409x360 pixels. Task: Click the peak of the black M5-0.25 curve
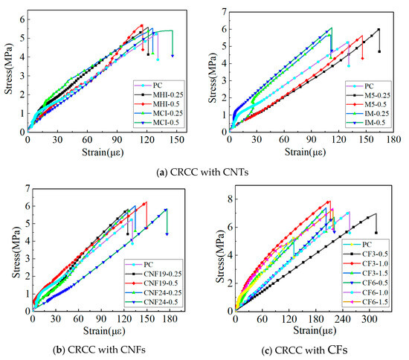click(x=379, y=29)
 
